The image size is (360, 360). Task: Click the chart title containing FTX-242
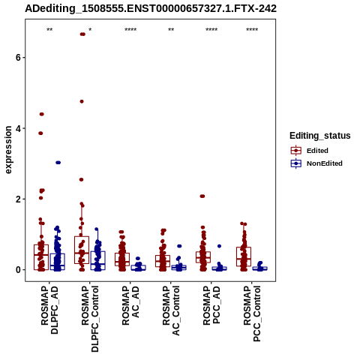point(151,8)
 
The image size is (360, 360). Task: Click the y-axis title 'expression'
point(8,150)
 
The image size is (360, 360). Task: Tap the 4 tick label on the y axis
point(18,128)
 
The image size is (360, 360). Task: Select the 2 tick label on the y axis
point(18,199)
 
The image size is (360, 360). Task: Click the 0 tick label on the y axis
point(18,270)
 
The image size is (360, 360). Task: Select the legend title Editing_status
point(320,136)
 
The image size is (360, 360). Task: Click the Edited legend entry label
point(317,151)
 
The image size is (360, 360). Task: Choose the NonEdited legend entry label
point(325,163)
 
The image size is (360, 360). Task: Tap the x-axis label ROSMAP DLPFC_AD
point(49,310)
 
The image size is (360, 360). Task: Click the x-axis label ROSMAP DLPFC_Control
point(90,319)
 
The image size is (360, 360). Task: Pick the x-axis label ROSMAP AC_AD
point(130,305)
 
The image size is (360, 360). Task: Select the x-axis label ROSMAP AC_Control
point(171,310)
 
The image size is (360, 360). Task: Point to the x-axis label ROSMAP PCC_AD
point(211,305)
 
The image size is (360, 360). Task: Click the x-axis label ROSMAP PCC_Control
point(252,313)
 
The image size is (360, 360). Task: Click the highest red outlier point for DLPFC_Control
point(82,34)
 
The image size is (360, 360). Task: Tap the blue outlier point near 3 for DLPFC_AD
point(58,163)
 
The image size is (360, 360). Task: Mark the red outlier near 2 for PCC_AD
point(202,196)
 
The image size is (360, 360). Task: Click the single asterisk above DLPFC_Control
point(90,30)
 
